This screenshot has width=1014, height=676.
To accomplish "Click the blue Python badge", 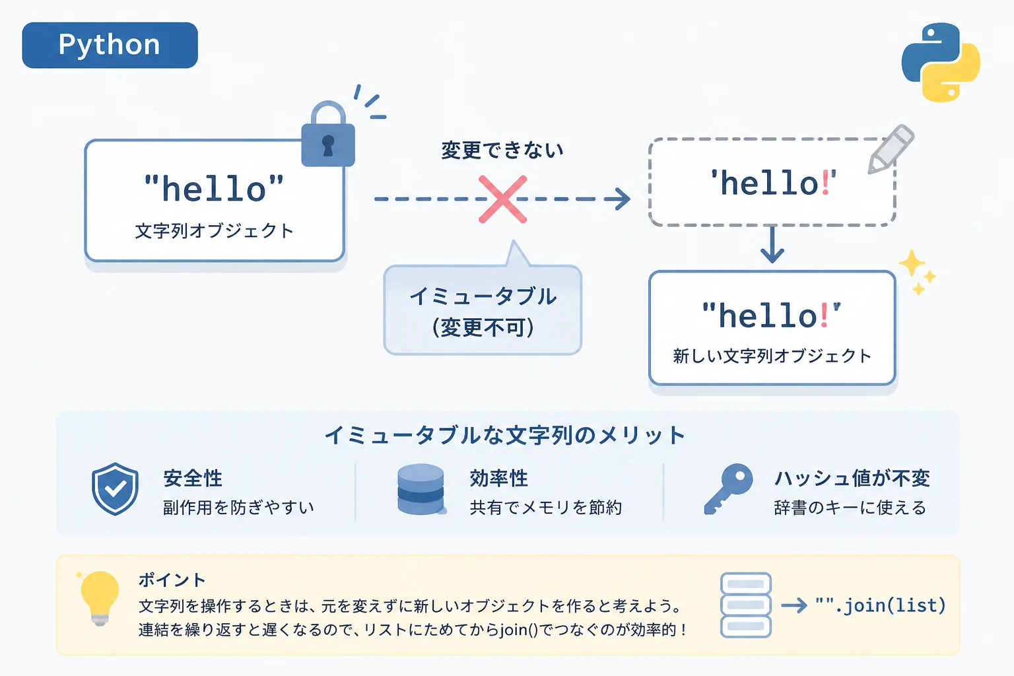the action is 110,46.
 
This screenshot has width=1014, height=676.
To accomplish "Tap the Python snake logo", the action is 941,62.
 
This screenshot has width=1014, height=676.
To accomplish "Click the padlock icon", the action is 328,133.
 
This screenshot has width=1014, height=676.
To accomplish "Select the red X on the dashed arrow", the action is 502,199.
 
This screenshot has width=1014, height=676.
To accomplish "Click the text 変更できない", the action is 502,150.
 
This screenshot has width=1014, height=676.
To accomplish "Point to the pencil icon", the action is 891,149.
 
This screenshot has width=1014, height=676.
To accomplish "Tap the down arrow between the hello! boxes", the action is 772,244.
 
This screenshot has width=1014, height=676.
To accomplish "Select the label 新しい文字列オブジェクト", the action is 772,356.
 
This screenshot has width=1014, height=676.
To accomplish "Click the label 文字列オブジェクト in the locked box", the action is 215,231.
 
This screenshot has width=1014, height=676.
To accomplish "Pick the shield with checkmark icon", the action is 115,489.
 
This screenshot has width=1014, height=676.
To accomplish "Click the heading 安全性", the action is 193,478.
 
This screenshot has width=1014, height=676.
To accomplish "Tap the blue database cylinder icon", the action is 421,489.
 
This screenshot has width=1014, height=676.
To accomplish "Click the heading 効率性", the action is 499,478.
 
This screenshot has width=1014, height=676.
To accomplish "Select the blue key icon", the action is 728,489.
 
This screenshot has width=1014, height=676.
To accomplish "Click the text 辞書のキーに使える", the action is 850,508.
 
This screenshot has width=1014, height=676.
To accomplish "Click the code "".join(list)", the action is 881,605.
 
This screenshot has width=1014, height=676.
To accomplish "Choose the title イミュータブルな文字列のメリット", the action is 505,435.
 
